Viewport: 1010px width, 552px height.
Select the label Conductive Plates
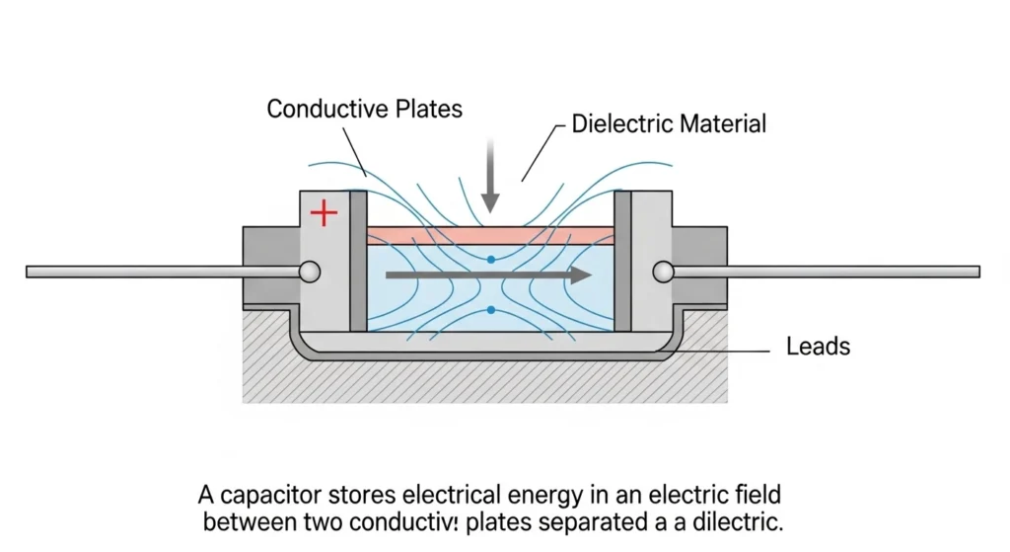click(x=364, y=109)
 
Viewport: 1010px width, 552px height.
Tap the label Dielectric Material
click(x=670, y=124)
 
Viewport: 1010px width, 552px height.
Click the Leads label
click(x=818, y=347)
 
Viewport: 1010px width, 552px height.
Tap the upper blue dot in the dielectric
click(x=490, y=260)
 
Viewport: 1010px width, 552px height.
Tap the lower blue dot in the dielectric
click(x=490, y=310)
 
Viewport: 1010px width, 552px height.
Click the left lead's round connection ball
click(x=310, y=271)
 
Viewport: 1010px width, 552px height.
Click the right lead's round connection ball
click(x=661, y=271)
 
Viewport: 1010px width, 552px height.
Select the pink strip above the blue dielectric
click(x=490, y=236)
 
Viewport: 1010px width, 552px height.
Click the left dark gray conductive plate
click(x=358, y=262)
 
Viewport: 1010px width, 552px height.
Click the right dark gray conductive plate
click(x=622, y=262)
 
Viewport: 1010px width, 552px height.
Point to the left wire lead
click(x=158, y=271)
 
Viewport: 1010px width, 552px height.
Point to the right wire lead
click(x=829, y=271)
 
